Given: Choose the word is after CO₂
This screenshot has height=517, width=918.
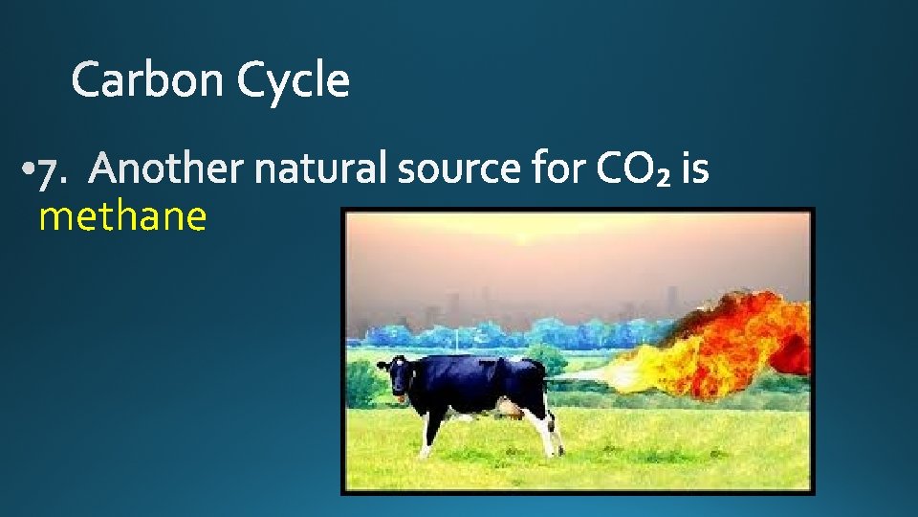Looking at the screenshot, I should (696, 169).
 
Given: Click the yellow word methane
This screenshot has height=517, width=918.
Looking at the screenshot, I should (122, 217).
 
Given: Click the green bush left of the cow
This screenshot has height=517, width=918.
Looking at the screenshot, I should (362, 384).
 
